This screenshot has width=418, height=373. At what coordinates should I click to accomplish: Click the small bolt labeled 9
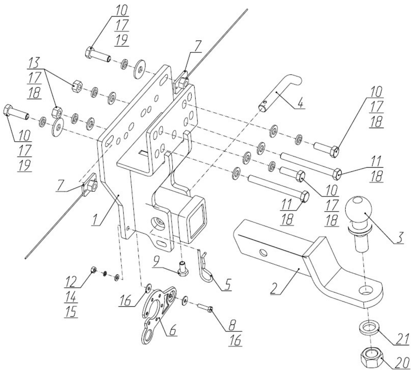[182, 269]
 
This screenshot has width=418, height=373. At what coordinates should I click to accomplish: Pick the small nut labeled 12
[94, 270]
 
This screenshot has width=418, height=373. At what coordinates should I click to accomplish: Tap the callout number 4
[301, 103]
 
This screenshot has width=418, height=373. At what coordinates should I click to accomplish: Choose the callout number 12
[71, 281]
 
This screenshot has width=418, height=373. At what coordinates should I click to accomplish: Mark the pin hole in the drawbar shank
[263, 252]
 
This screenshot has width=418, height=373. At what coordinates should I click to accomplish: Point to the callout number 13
[34, 63]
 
